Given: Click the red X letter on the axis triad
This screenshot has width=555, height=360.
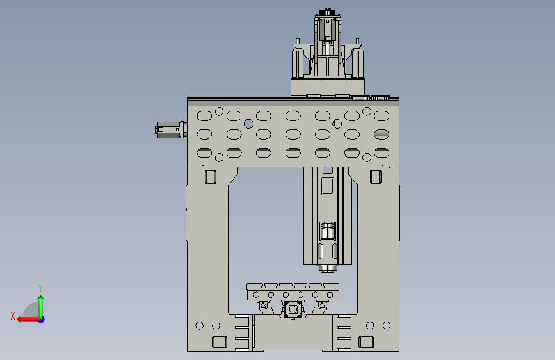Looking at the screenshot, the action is (13, 316).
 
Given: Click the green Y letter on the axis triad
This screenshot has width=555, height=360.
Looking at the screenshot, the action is (40, 288).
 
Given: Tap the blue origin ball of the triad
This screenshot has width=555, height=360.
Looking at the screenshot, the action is (42, 320).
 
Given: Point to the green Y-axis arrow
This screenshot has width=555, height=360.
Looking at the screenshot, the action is (41, 307).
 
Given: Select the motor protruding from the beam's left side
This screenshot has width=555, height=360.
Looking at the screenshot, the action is (171, 130).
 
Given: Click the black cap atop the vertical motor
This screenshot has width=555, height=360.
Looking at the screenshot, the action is (327, 12).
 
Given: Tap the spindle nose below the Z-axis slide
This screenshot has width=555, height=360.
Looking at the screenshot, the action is (328, 268).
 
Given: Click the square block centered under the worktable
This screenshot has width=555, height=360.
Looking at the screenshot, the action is (293, 309).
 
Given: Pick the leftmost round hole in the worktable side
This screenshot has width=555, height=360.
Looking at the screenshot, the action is (256, 295).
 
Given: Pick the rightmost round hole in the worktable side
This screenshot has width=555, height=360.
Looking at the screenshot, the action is (330, 295).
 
